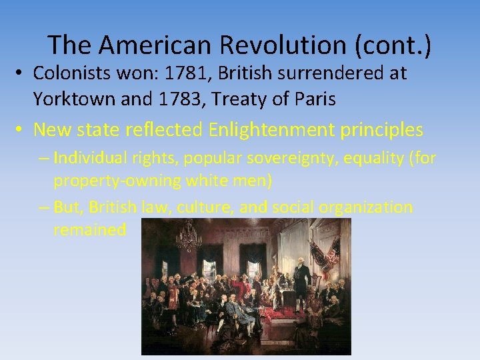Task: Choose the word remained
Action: pos(90,230)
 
